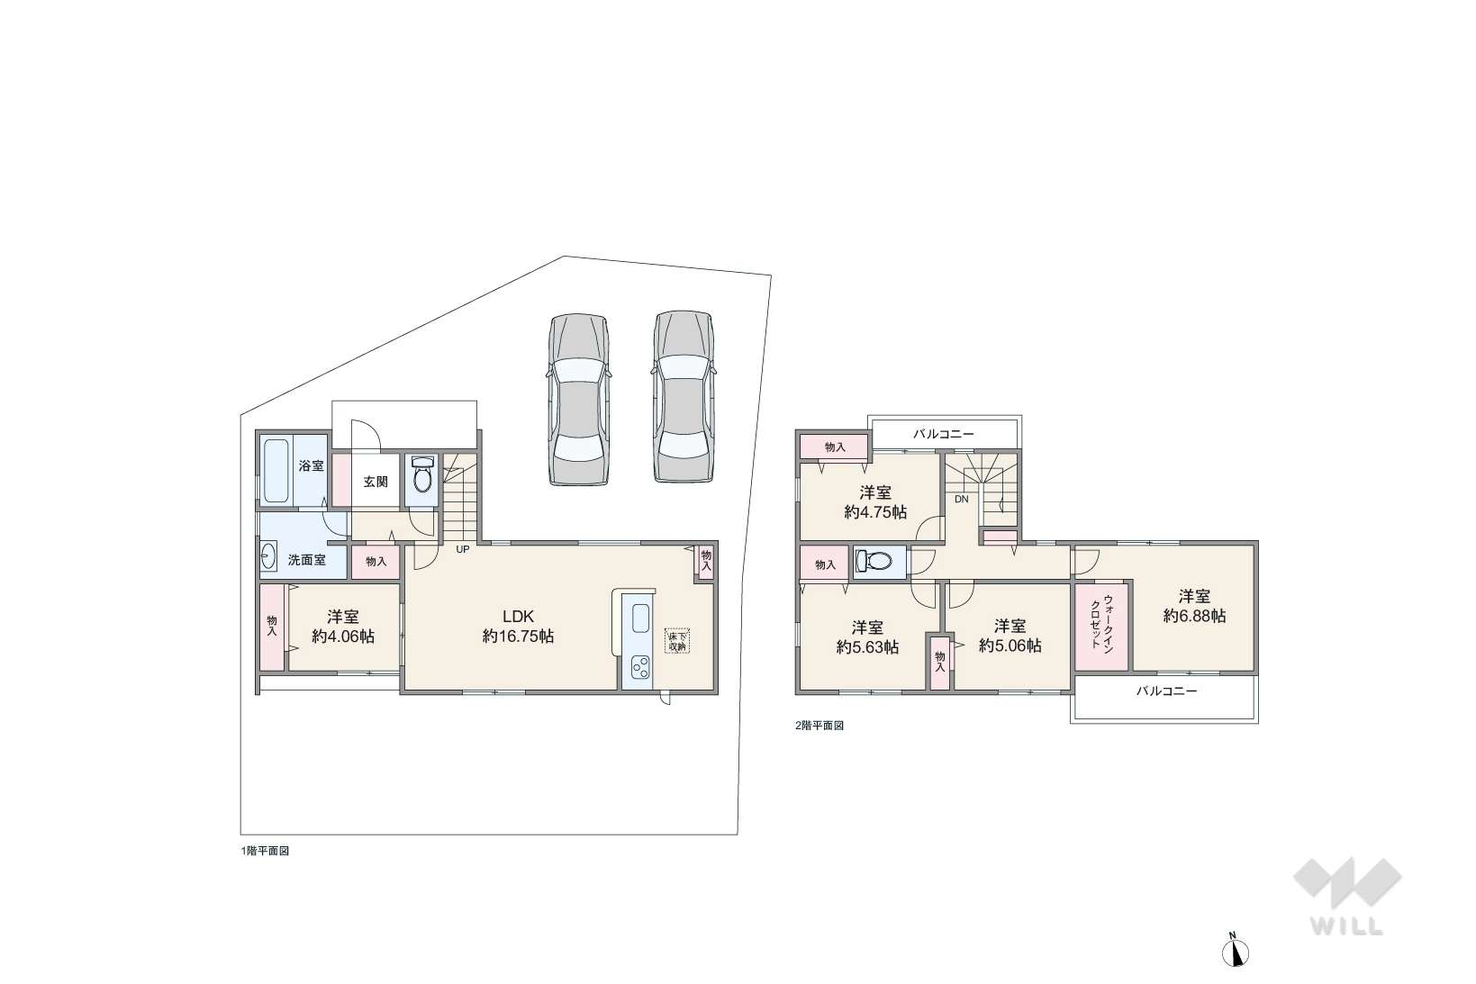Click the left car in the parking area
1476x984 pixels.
click(579, 400)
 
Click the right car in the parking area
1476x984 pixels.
click(684, 396)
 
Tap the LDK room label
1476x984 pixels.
click(518, 617)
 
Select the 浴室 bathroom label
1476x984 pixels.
click(311, 466)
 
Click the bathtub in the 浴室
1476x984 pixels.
click(276, 471)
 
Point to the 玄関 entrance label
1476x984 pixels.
click(376, 483)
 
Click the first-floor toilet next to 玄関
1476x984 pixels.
click(421, 473)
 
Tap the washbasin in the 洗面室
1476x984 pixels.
click(268, 556)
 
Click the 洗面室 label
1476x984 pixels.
click(306, 561)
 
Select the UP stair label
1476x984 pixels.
click(463, 549)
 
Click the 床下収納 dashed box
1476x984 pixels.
click(676, 641)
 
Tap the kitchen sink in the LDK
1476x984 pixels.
click(640, 618)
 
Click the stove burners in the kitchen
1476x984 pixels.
click(640, 667)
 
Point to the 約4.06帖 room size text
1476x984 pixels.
click(343, 636)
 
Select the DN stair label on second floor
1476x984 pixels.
click(962, 500)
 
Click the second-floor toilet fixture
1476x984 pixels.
click(873, 561)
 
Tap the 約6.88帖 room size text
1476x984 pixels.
click(1195, 616)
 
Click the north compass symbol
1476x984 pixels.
click(1236, 951)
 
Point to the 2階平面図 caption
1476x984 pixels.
click(819, 726)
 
